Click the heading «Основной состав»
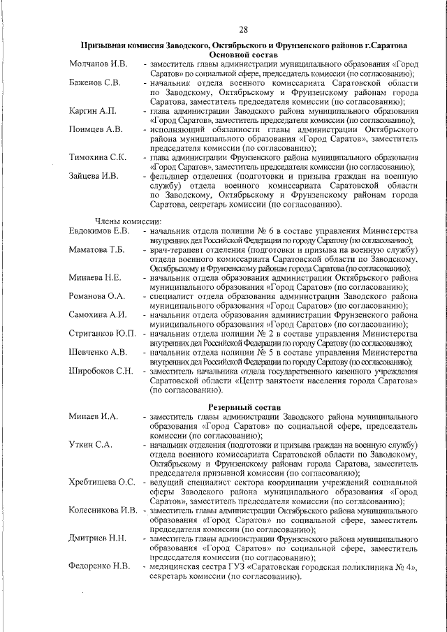point(244,54)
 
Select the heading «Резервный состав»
point(244,406)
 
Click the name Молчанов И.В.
point(98,64)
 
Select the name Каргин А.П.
point(93,112)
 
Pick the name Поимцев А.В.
point(96,130)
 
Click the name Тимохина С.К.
point(98,157)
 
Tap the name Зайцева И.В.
point(94,176)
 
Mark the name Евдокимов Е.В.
point(99,231)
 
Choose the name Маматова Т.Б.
point(96,249)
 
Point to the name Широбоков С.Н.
point(101,370)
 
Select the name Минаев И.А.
point(94,416)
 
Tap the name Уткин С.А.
point(90,444)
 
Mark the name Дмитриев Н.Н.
point(98,538)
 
